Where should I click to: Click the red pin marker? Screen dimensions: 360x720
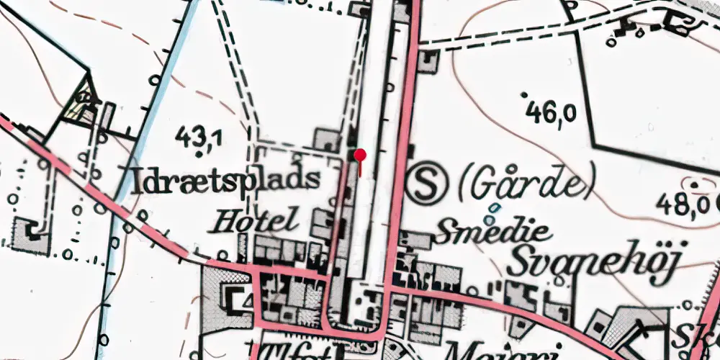pos(360,155)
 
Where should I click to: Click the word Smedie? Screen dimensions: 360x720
pos(493,232)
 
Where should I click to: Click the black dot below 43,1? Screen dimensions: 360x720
pos(199,153)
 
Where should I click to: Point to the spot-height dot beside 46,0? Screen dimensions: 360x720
pos(523,94)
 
